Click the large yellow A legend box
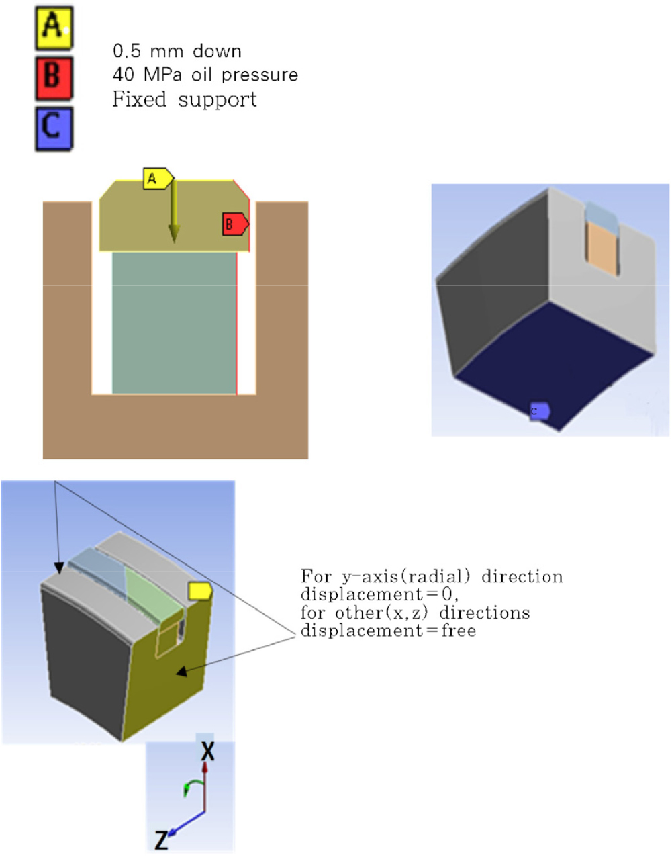54,28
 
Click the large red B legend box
54,78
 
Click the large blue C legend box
54,128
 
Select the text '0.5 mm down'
177,52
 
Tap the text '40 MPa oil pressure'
205,75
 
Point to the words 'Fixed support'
185,100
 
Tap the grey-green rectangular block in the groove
174,322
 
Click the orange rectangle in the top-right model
602,248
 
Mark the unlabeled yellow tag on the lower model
200,591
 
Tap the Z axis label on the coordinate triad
161,840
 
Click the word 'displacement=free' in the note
388,631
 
